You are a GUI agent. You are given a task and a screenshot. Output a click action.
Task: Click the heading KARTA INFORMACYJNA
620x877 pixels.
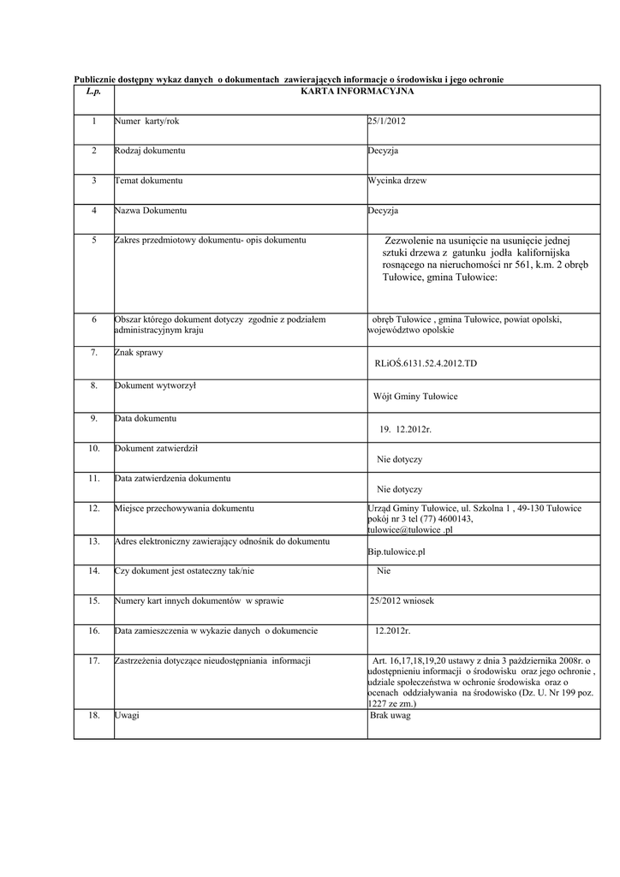pyautogui.click(x=358, y=90)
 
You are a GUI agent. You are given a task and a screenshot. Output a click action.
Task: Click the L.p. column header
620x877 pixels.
pyautogui.click(x=93, y=90)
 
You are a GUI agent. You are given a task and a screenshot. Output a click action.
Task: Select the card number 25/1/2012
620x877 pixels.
pyautogui.click(x=386, y=122)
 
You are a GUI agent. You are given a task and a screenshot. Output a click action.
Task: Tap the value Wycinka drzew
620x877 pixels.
pyautogui.click(x=396, y=182)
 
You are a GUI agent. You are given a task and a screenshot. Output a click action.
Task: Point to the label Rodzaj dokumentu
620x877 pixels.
pyautogui.click(x=150, y=151)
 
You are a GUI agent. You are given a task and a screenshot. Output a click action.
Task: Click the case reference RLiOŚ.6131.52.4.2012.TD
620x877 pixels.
pyautogui.click(x=426, y=364)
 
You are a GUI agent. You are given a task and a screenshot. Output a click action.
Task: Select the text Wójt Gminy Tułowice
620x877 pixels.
pyautogui.click(x=415, y=397)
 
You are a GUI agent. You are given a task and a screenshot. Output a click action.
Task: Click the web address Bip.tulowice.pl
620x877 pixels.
pyautogui.click(x=396, y=552)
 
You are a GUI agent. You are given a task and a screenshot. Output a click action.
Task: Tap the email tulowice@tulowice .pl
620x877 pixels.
pyautogui.click(x=409, y=529)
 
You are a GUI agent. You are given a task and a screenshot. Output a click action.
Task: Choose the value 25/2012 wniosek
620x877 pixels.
pyautogui.click(x=402, y=601)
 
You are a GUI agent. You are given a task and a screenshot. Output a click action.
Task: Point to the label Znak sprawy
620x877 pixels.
pyautogui.click(x=139, y=352)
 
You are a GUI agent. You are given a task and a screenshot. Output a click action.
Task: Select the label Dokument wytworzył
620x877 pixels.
pyautogui.click(x=155, y=386)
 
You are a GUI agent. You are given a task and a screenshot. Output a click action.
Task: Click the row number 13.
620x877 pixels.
pyautogui.click(x=94, y=541)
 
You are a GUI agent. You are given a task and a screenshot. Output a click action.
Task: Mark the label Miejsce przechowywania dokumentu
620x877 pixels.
pyautogui.click(x=184, y=509)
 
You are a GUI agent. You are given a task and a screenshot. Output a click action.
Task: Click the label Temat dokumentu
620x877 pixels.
pyautogui.click(x=148, y=181)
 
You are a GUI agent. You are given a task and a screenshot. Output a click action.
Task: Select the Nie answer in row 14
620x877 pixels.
pyautogui.click(x=384, y=570)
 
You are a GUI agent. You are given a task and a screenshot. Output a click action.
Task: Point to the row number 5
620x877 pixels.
pyautogui.click(x=94, y=240)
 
